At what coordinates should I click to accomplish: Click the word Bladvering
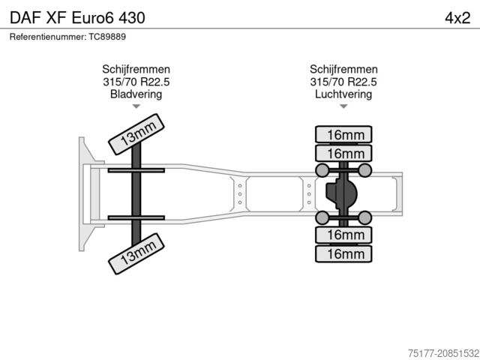pos(136,94)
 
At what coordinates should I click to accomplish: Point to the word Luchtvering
pos(343,94)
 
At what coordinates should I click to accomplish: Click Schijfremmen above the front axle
pos(136,69)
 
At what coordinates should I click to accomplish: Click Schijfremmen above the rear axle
pos(343,69)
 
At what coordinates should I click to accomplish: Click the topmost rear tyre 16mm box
pos(344,135)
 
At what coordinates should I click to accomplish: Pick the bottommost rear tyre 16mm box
pos(344,254)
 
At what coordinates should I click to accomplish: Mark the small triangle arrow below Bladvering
pos(136,106)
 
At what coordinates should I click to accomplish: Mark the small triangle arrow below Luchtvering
pos(343,106)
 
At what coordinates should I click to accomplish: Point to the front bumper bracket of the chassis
pos(84,193)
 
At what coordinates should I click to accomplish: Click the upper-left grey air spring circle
pos(323,171)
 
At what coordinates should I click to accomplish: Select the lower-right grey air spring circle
pos(365,218)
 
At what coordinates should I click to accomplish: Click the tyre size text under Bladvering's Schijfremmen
pos(136,82)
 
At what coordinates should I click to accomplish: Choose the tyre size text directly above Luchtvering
pos(343,82)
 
